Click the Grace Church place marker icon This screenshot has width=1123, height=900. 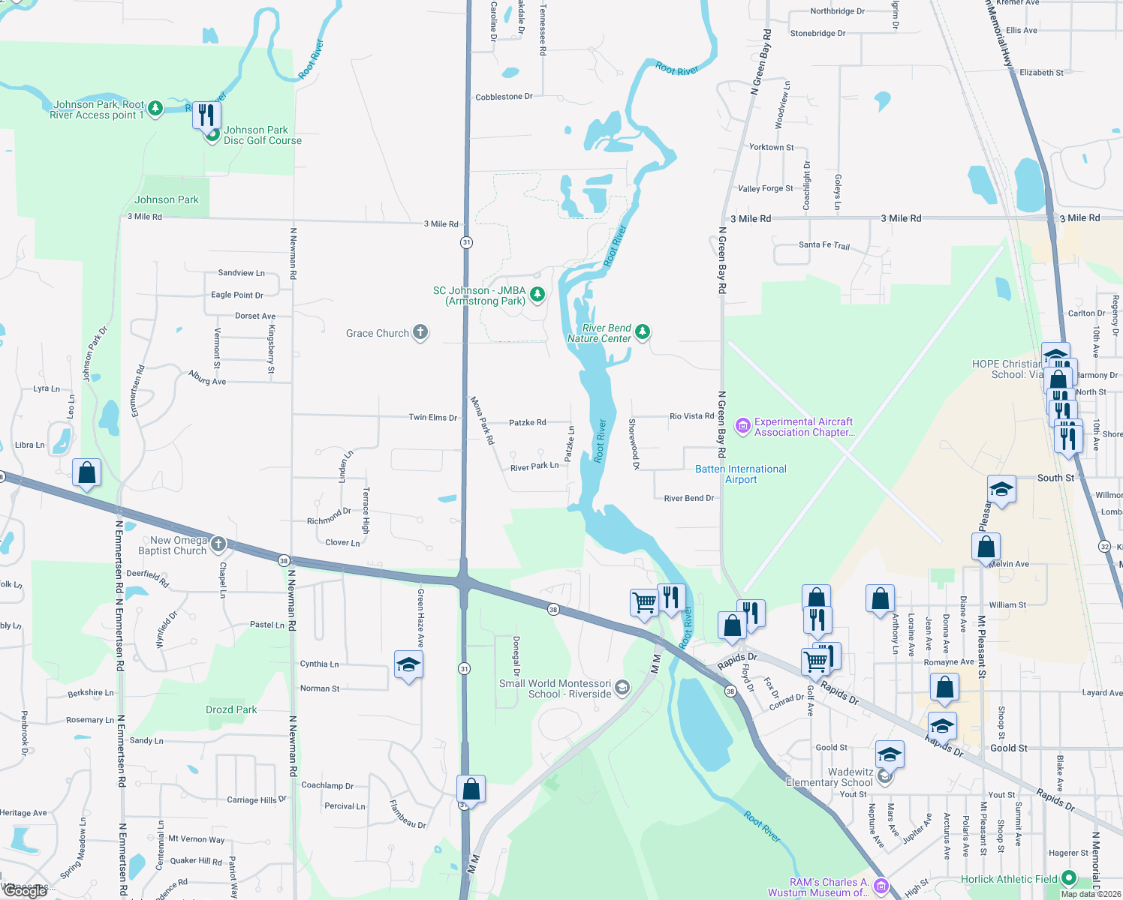tap(420, 333)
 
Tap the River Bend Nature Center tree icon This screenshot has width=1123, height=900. tap(642, 331)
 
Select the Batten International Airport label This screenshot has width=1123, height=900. tap(741, 474)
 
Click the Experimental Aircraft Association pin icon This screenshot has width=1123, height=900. tap(743, 426)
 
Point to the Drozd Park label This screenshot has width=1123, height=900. tap(231, 709)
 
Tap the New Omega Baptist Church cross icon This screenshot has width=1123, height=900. tap(218, 544)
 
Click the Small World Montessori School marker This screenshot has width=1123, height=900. tap(622, 688)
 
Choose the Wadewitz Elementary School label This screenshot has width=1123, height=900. tap(829, 777)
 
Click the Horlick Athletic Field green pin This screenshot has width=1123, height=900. tap(1069, 877)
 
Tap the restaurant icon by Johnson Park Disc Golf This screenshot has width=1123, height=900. tap(206, 115)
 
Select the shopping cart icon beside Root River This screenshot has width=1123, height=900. tap(644, 601)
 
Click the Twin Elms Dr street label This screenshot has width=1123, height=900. tap(432, 417)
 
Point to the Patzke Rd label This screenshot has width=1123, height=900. tap(528, 422)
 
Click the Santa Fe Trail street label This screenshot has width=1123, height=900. tap(824, 245)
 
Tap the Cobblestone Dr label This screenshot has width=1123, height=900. tap(504, 97)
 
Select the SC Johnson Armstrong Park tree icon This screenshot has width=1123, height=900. tap(537, 294)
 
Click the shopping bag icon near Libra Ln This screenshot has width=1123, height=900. tap(86, 473)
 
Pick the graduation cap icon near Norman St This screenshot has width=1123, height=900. tap(408, 664)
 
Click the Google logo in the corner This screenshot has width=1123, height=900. tap(26, 890)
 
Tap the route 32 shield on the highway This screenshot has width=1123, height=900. tap(1104, 546)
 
